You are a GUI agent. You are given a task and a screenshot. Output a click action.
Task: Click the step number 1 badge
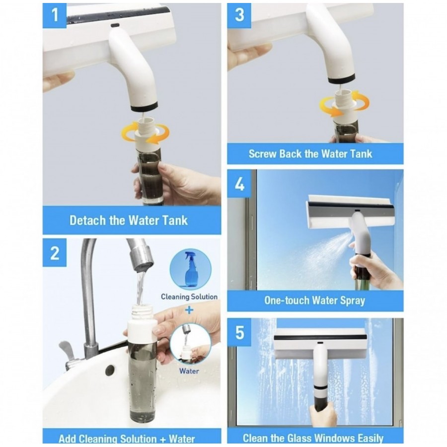[x=55, y=15]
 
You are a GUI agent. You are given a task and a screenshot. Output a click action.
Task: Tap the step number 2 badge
[x=55, y=253]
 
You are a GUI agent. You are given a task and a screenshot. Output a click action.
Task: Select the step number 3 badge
[x=239, y=15]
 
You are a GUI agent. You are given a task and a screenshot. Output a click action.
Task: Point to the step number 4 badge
[x=239, y=184]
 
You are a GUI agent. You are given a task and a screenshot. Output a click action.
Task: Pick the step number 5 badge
[x=239, y=332]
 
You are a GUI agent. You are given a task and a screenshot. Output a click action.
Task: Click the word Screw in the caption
[x=263, y=154]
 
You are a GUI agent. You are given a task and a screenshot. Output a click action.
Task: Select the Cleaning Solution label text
[x=189, y=297]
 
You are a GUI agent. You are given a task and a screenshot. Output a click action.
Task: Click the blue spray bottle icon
[x=190, y=269]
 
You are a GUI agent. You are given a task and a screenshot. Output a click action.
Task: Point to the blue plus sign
[x=189, y=310]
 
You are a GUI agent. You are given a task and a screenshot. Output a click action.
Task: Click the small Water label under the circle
[x=189, y=371]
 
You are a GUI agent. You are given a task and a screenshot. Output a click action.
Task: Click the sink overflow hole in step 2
[x=110, y=371]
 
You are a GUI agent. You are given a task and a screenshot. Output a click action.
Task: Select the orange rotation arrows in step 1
[x=145, y=133]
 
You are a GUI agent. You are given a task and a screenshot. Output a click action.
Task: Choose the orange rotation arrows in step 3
[x=345, y=104]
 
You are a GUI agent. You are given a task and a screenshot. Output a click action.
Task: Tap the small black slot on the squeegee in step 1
[x=115, y=26]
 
